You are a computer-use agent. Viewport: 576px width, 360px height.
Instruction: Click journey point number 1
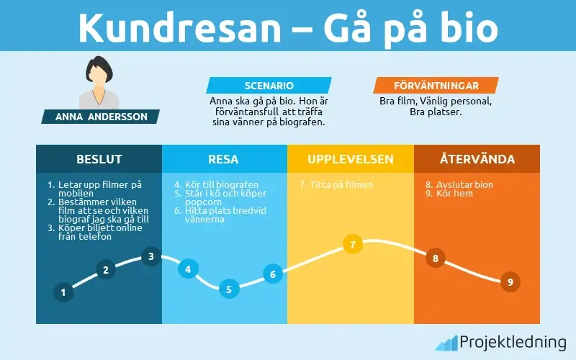[x=63, y=292]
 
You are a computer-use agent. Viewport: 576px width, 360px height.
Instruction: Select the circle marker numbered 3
[x=150, y=256]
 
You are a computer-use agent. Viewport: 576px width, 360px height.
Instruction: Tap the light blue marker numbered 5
[x=228, y=289]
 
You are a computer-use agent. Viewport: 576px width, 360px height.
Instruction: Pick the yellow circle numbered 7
[x=352, y=245]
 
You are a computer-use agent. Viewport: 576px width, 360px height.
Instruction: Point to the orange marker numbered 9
[x=510, y=282]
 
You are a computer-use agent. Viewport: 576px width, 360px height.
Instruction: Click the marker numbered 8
[x=435, y=258]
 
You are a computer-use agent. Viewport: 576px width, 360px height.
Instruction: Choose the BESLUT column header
[x=99, y=159]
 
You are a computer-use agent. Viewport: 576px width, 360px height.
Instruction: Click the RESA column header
[x=224, y=159]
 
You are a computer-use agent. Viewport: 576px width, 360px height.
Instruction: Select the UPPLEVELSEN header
[x=351, y=159]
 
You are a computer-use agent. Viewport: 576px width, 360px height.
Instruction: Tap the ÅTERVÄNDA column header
[x=476, y=159]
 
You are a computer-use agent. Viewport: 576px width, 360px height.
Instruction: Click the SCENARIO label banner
[x=269, y=85]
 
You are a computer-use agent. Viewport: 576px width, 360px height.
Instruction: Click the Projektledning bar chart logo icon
[x=446, y=343]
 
